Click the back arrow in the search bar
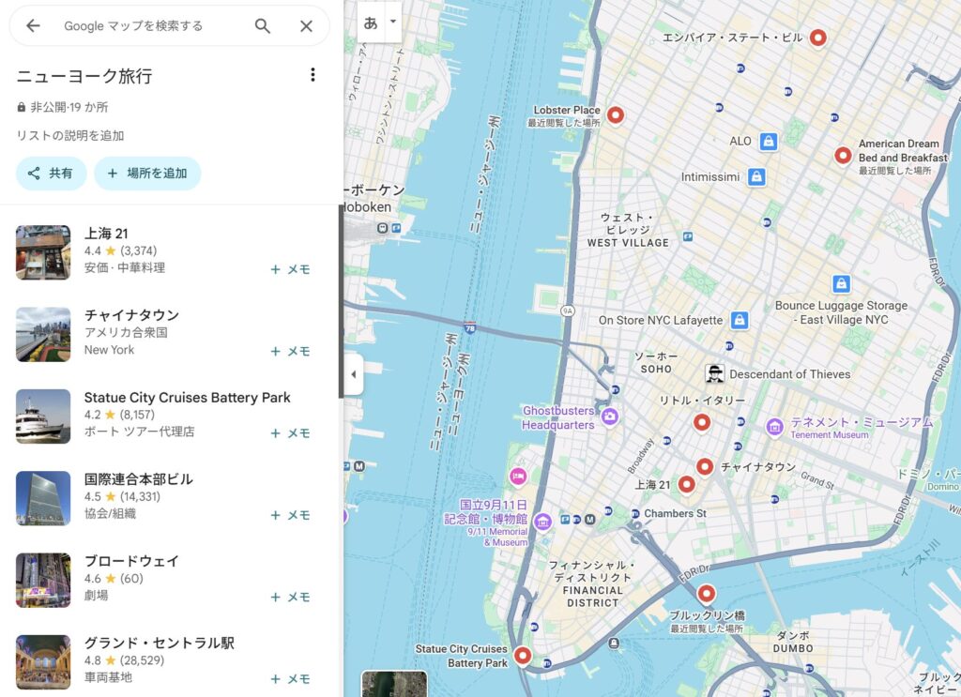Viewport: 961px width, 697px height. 33,26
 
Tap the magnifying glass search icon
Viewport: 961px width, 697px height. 263,26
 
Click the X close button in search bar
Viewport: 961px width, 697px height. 306,26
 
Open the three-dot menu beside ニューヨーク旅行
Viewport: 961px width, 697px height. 313,75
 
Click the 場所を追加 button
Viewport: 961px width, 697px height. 147,174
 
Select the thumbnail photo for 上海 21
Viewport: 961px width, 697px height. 43,252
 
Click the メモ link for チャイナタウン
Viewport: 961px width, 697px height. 290,352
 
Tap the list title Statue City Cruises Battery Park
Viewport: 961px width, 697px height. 187,398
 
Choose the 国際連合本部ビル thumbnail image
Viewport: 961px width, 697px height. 43,498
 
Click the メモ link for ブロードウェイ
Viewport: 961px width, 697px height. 290,598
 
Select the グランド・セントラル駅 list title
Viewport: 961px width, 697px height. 159,644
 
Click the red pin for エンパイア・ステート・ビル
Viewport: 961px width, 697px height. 818,38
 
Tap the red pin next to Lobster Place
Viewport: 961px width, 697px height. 616,114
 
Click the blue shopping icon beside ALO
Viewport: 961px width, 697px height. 769,142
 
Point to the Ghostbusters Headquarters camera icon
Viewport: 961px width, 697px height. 610,416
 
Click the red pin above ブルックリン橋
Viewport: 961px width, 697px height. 706,593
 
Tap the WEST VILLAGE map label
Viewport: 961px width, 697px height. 628,242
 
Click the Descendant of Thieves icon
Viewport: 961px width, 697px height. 715,373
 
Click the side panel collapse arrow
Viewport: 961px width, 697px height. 354,374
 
